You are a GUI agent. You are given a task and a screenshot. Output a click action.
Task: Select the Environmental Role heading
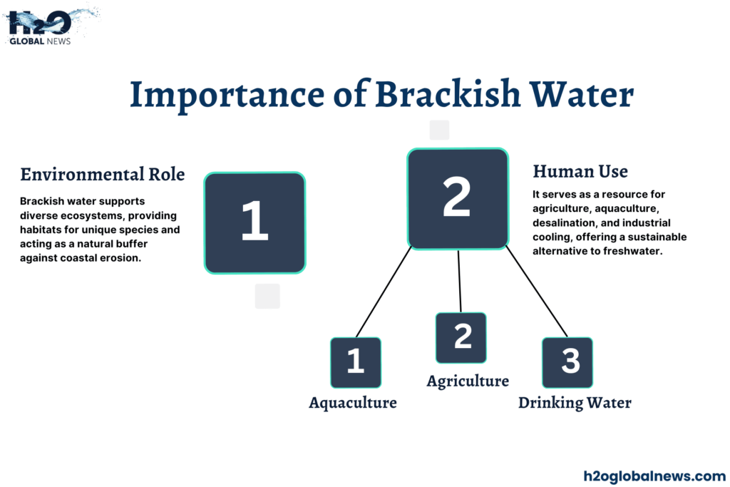pyautogui.click(x=103, y=174)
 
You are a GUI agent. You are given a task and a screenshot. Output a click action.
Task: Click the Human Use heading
pyautogui.click(x=580, y=171)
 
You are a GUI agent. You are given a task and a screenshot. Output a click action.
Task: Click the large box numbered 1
pyautogui.click(x=255, y=222)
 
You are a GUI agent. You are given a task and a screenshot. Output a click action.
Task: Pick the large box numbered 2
pyautogui.click(x=457, y=199)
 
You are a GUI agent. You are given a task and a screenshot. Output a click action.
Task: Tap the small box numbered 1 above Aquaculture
pyautogui.click(x=355, y=362)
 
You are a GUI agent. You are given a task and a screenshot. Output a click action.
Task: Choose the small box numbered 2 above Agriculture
pyautogui.click(x=461, y=337)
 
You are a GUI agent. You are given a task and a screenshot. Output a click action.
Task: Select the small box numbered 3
pyautogui.click(x=567, y=362)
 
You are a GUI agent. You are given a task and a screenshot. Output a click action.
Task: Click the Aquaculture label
pyautogui.click(x=352, y=403)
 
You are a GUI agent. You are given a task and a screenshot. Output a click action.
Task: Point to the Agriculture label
pyautogui.click(x=468, y=381)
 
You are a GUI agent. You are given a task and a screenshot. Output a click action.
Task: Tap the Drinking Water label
pyautogui.click(x=575, y=403)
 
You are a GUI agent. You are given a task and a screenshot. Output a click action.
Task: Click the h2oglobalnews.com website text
pyautogui.click(x=654, y=476)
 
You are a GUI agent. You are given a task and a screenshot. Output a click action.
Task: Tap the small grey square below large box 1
pyautogui.click(x=267, y=296)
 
